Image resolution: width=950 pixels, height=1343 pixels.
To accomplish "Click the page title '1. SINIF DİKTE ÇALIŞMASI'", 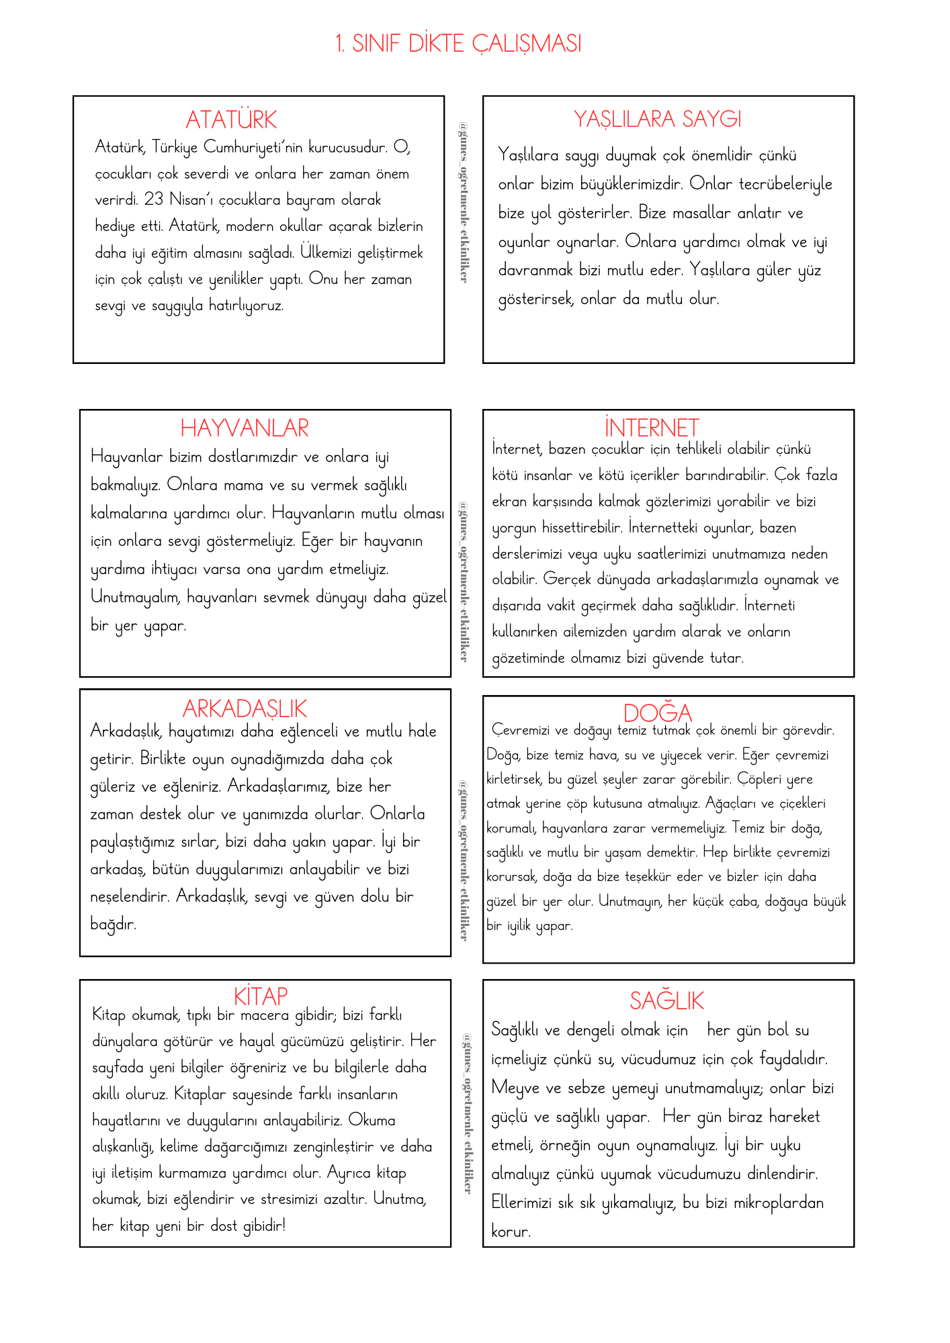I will click(x=458, y=44).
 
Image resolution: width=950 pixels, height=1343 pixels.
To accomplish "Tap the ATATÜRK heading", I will click(x=231, y=120).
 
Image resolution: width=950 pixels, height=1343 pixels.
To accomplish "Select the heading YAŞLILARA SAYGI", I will click(x=657, y=120).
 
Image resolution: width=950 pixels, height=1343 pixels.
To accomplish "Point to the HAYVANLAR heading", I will click(x=245, y=428).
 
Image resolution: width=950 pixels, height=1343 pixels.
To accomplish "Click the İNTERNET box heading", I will click(x=651, y=428).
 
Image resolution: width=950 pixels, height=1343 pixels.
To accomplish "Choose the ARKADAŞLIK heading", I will click(x=245, y=709).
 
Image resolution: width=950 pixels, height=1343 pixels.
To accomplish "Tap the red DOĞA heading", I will click(x=657, y=712).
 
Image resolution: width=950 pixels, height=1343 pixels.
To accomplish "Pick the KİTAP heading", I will click(x=261, y=995).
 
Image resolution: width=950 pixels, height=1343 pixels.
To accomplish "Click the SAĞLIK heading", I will click(x=666, y=1001).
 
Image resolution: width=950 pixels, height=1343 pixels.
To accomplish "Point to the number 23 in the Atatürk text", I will click(x=153, y=199).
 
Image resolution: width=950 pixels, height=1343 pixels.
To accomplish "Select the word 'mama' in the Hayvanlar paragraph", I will click(x=243, y=485).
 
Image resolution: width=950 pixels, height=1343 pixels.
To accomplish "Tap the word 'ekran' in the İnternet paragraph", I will click(x=509, y=502).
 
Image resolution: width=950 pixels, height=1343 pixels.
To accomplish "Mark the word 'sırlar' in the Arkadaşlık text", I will click(x=199, y=841).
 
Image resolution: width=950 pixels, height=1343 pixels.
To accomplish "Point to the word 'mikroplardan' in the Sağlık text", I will click(x=779, y=1203).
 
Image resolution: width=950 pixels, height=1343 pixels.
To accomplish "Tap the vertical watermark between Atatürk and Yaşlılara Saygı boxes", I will click(x=464, y=201).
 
